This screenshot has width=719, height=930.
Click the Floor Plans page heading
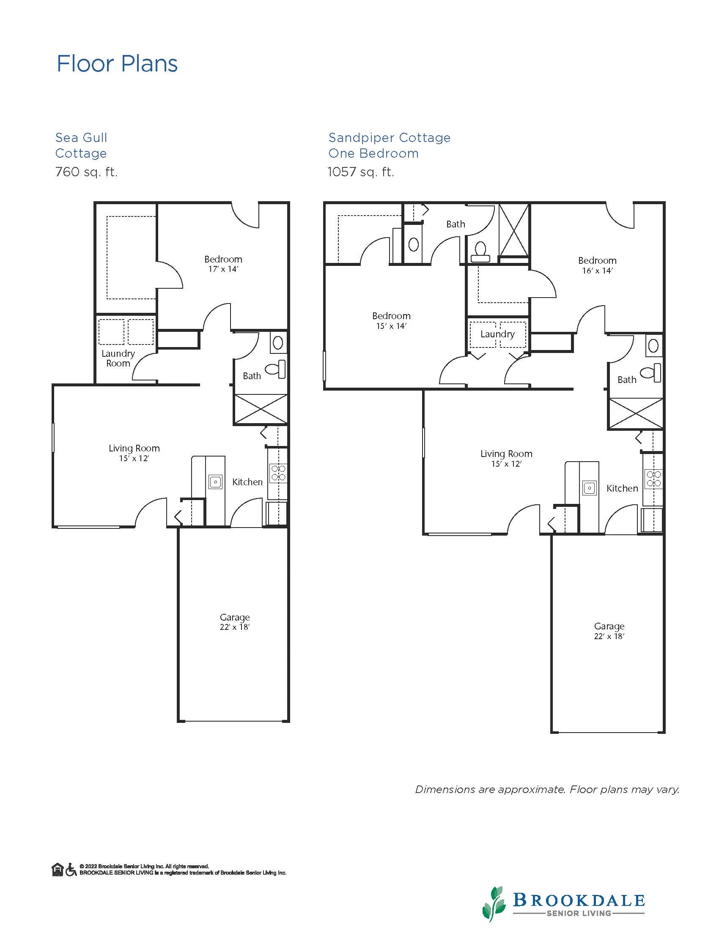[117, 64]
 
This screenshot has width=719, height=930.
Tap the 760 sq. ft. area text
[86, 172]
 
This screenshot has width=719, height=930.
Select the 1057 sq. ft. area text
[361, 172]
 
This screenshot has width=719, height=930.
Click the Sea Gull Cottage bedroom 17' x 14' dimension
[223, 269]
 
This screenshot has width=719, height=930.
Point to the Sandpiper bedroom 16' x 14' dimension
[597, 271]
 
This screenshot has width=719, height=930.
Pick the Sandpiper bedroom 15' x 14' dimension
[391, 326]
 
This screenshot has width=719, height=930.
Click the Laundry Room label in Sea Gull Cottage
[118, 358]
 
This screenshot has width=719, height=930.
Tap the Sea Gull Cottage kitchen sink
[216, 481]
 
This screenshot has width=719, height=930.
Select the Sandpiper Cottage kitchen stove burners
[653, 478]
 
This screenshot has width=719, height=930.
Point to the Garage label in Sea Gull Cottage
[235, 617]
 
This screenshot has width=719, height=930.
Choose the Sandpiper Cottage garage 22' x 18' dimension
[609, 636]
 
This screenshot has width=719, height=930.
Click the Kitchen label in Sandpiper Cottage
[622, 488]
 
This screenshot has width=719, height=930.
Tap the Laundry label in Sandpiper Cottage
[497, 334]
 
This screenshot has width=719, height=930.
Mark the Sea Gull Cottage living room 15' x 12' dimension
[134, 459]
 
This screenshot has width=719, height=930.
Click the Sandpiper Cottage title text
[389, 138]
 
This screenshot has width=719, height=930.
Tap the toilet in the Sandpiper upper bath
[480, 252]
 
